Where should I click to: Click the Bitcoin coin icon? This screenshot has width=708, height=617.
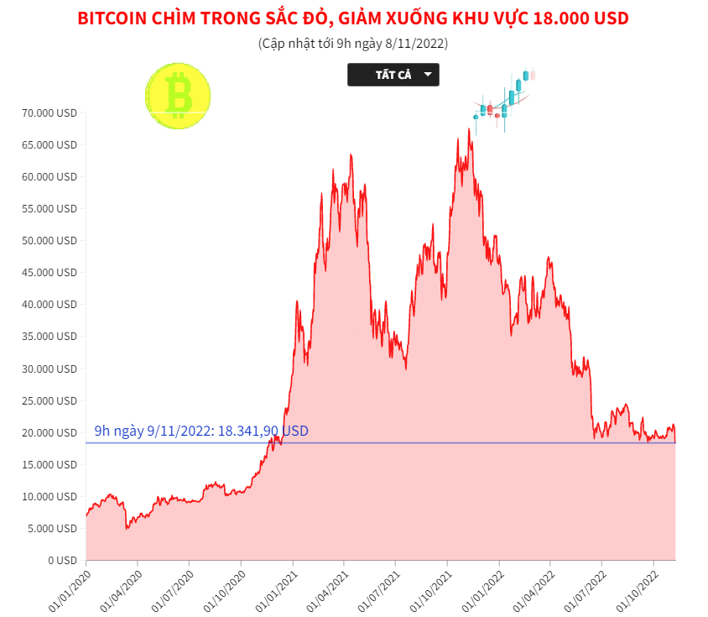click(x=178, y=95)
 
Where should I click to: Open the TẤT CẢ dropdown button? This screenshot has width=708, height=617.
click(x=393, y=75)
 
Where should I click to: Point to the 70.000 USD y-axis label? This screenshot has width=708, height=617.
click(x=49, y=112)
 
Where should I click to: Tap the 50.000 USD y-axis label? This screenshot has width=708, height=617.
click(x=49, y=241)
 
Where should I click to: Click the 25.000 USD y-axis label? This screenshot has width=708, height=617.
click(x=49, y=400)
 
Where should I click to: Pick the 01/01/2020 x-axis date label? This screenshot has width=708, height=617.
click(x=68, y=588)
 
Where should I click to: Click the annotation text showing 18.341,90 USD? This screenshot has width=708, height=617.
click(x=201, y=431)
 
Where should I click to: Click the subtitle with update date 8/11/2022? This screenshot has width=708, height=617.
click(x=353, y=43)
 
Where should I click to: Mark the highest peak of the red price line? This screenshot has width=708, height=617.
click(x=470, y=128)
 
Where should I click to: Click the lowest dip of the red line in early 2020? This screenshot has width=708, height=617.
click(x=127, y=529)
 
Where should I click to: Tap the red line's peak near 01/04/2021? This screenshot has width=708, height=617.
click(x=350, y=154)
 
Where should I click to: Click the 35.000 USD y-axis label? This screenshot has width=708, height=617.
click(x=49, y=337)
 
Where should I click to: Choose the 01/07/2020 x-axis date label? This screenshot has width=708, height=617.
click(x=171, y=588)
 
